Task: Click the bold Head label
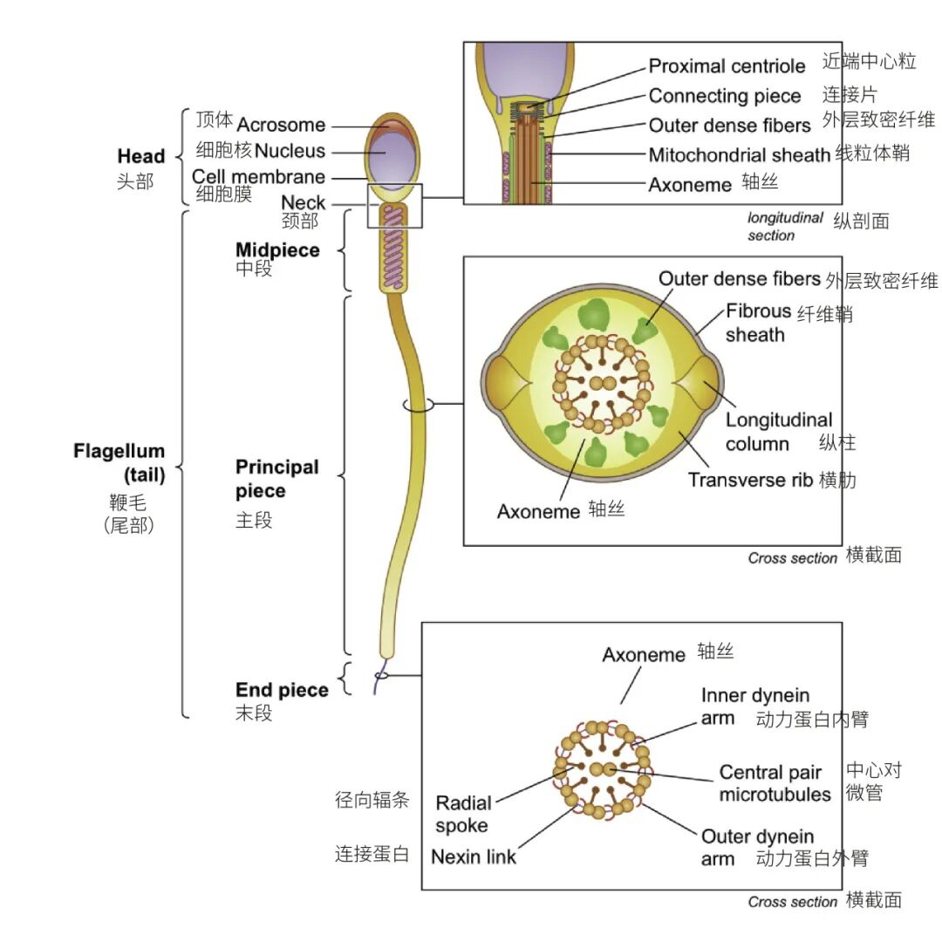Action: click(140, 156)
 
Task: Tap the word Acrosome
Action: click(281, 125)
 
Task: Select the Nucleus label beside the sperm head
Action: click(290, 151)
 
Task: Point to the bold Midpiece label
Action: click(277, 250)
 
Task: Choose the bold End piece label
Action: click(282, 690)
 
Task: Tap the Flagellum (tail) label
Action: click(119, 462)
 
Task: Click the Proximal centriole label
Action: click(727, 66)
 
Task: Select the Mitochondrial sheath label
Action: click(739, 155)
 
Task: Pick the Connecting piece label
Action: click(724, 96)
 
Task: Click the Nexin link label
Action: click(474, 857)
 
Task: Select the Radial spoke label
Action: click(463, 814)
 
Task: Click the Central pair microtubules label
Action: click(774, 783)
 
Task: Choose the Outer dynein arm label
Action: click(757, 848)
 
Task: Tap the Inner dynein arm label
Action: click(754, 706)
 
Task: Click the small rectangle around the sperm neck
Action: click(395, 206)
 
